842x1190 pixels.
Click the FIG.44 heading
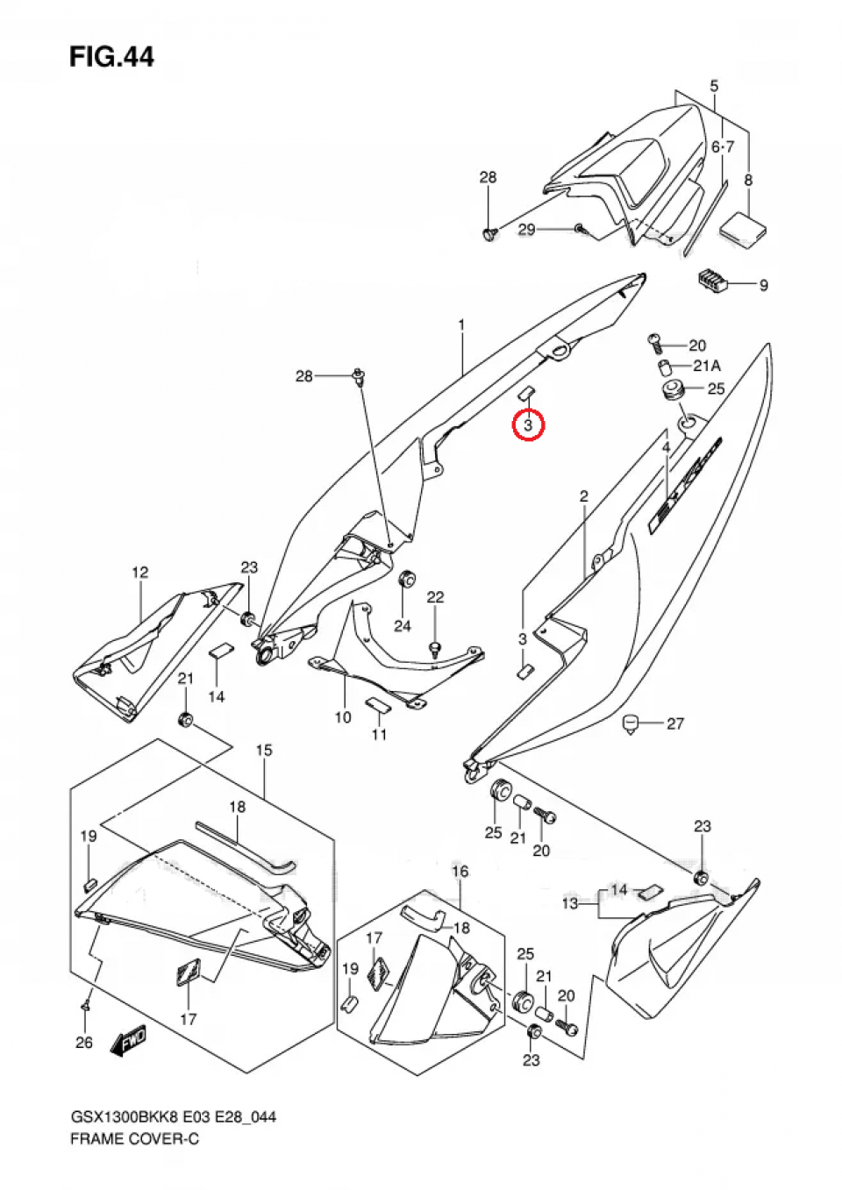(111, 57)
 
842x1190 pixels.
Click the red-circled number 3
(528, 425)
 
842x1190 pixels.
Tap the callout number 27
(674, 723)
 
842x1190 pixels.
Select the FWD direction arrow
(128, 1041)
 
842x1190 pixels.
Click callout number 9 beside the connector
(763, 285)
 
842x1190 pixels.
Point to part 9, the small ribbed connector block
(712, 281)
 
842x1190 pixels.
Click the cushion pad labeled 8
(743, 227)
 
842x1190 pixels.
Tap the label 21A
(706, 366)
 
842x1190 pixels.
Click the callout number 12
(140, 573)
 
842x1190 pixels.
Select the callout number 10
(343, 717)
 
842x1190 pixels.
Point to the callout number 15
(264, 751)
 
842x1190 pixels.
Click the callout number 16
(460, 871)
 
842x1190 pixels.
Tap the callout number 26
(84, 1043)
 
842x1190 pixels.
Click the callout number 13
(570, 903)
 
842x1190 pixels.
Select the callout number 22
(436, 597)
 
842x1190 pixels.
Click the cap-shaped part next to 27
(629, 724)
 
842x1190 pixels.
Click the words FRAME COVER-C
(135, 1139)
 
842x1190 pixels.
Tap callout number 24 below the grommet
(403, 625)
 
